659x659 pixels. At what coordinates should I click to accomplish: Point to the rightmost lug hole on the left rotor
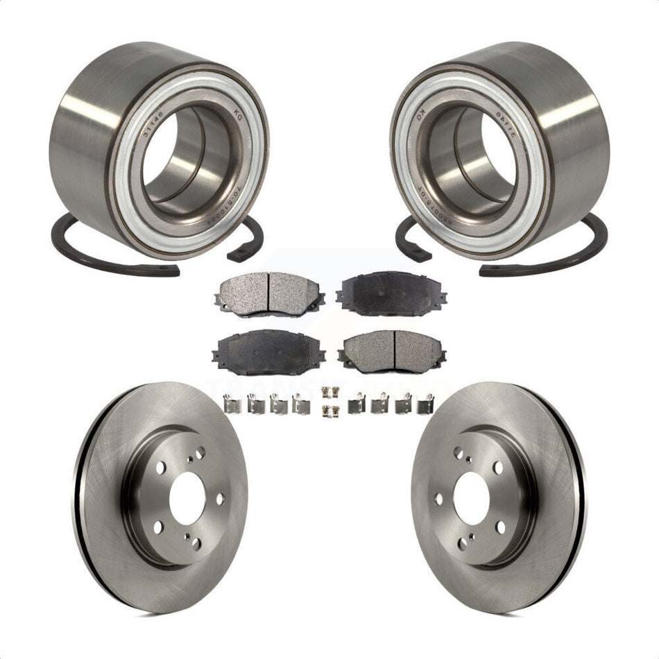point(220,499)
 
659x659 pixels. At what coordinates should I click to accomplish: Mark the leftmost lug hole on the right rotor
point(438,499)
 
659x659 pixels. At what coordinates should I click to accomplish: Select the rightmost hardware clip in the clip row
point(425,404)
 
